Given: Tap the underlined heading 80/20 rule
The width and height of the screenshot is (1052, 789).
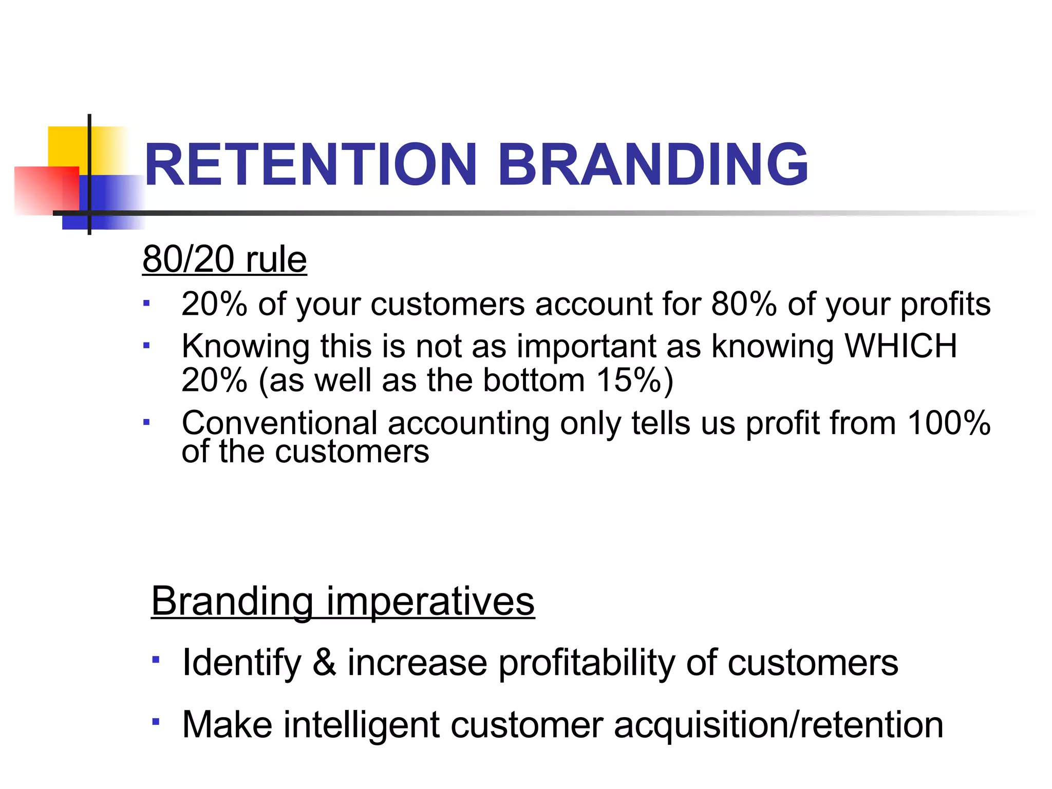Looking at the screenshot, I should pos(224,259).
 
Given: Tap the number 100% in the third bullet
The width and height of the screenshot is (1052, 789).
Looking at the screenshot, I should pos(948,423).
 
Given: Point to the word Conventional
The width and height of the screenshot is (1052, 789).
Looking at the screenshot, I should pos(279,423).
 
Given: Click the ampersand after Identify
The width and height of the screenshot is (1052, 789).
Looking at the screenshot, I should pos(324,662).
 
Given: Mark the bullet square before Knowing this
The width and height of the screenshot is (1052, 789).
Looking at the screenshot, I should pos(146,346).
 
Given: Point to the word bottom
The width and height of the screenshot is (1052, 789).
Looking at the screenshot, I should pos(534,381).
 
